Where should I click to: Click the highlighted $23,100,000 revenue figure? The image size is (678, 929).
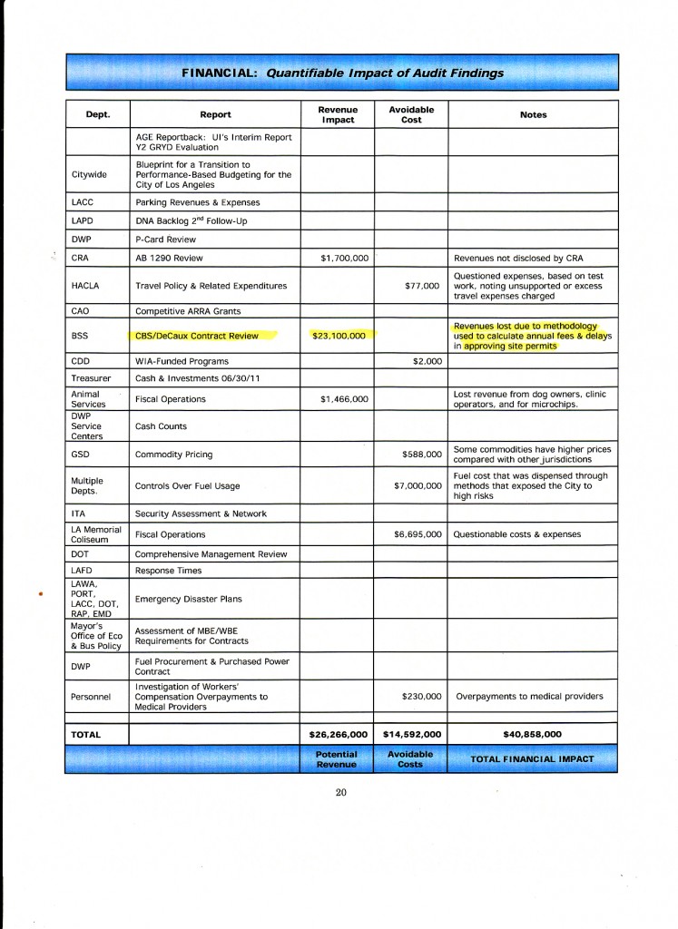click(x=339, y=336)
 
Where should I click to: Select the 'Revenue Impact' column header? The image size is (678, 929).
click(x=338, y=114)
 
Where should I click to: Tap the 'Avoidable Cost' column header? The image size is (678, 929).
click(x=411, y=114)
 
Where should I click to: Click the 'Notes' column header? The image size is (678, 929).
click(x=533, y=115)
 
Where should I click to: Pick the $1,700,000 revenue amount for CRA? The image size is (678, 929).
click(x=345, y=259)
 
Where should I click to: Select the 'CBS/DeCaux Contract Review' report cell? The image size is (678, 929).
click(x=197, y=336)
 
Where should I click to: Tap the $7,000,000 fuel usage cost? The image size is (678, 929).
click(x=418, y=485)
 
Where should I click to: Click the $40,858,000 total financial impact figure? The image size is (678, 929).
click(x=533, y=734)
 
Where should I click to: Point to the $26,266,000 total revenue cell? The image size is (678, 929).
click(x=339, y=734)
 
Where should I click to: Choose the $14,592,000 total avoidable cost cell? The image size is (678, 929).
click(x=411, y=734)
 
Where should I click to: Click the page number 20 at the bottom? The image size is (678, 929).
click(x=340, y=792)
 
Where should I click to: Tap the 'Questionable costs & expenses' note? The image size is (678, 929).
click(x=516, y=534)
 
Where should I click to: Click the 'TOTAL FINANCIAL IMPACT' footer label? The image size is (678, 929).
click(x=532, y=758)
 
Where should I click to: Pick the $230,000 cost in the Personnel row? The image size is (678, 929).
click(x=420, y=697)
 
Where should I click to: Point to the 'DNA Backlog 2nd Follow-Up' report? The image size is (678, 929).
click(x=191, y=220)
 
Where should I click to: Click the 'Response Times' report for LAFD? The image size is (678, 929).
click(x=169, y=571)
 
